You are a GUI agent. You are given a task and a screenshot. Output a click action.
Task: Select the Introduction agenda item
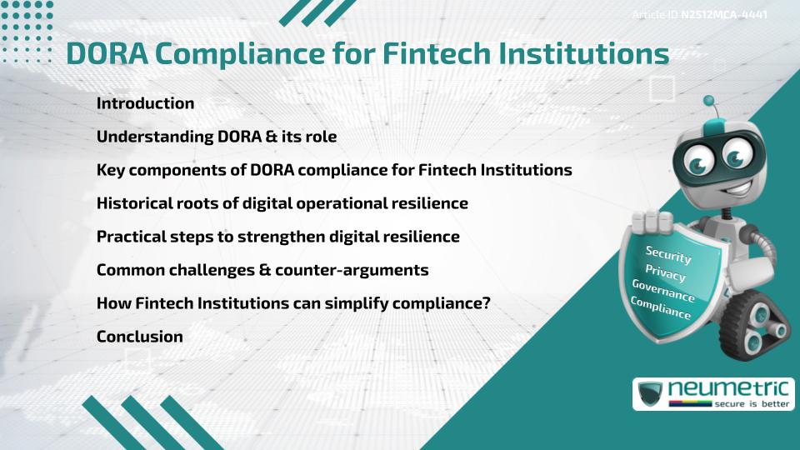coord(145,103)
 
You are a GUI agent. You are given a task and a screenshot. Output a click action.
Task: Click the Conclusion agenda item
coord(139,337)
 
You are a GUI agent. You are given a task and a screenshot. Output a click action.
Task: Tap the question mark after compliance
coord(486,303)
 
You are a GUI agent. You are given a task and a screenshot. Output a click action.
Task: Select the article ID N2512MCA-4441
coord(723,15)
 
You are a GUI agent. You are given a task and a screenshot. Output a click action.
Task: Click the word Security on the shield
coord(668,254)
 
